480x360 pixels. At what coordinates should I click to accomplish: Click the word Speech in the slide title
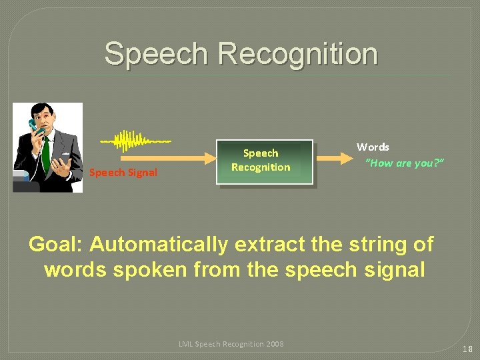coord(156,53)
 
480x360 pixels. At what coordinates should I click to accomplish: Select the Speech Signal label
coord(123,173)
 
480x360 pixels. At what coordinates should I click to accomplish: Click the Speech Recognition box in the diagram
coord(260,161)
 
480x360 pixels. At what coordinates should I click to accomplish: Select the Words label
coord(373,147)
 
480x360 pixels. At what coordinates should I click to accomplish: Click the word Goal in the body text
coord(55,245)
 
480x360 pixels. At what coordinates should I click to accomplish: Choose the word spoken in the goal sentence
coord(149,270)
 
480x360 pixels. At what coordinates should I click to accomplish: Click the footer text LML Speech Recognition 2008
coord(231,344)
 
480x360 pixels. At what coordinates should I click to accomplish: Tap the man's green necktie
coord(45,153)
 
